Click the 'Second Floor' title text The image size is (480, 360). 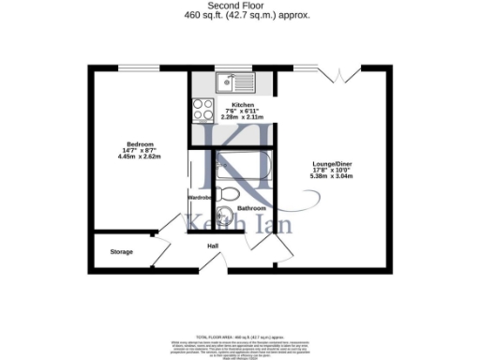[x=239, y=6]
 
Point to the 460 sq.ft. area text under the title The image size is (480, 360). [x=239, y=16]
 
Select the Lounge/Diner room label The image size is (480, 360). [x=333, y=164]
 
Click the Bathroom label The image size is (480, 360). [x=251, y=208]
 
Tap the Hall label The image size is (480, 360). [x=213, y=246]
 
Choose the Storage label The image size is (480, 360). [x=121, y=252]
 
